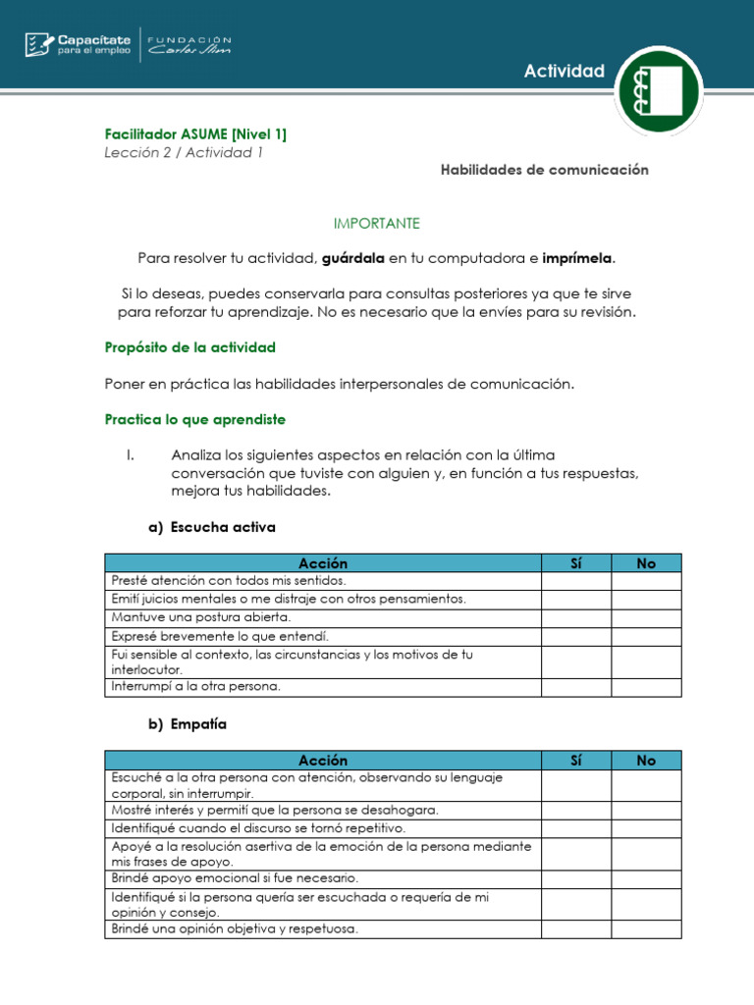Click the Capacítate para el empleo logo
(x=77, y=44)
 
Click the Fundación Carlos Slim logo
(x=189, y=44)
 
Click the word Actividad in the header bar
(x=564, y=71)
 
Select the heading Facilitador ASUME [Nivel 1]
(x=195, y=133)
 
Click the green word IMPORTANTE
(x=376, y=224)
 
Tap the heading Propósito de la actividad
(x=189, y=347)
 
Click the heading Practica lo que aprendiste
(x=194, y=419)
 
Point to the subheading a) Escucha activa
(x=212, y=527)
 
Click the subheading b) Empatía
(x=187, y=724)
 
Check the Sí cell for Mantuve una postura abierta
(x=575, y=618)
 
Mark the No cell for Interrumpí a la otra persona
(x=645, y=687)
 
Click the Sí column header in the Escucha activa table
(x=575, y=563)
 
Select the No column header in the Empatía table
(x=645, y=761)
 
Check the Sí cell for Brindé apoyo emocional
(x=575, y=878)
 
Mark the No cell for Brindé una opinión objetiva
(x=645, y=928)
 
